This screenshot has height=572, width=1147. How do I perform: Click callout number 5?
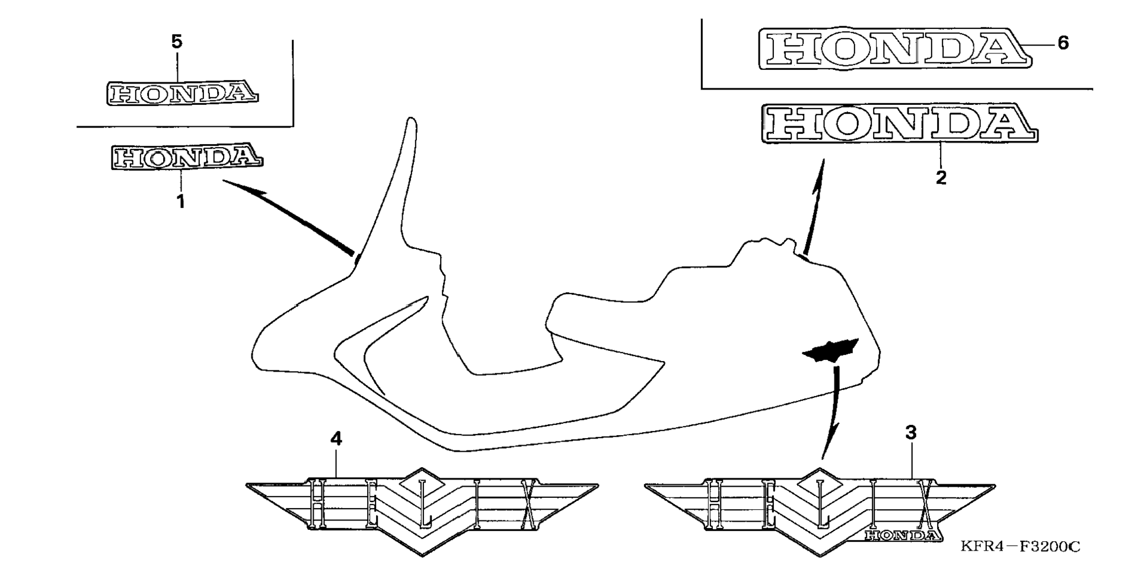coord(177,42)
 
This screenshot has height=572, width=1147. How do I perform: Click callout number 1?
coord(180,202)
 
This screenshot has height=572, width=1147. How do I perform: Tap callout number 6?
coord(1063,43)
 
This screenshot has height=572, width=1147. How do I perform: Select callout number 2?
coord(941,178)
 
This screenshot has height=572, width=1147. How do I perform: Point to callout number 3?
coord(911,433)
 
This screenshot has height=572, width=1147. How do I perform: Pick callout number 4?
coord(336,439)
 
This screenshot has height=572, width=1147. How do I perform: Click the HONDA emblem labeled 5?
coord(183,94)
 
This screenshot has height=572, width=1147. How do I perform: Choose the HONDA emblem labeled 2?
coord(899,124)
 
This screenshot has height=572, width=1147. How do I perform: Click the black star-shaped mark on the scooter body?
coord(830,351)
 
